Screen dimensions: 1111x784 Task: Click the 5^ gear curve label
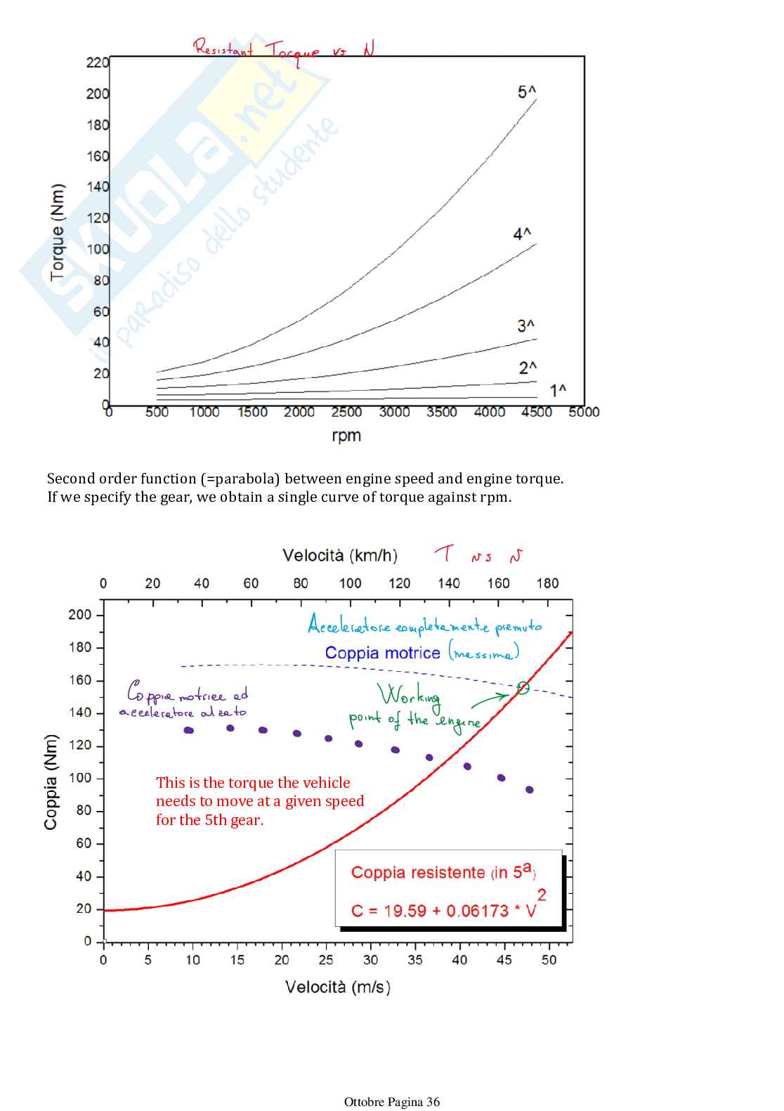coord(527,92)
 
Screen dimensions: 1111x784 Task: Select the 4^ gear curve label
coord(522,234)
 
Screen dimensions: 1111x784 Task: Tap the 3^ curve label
coord(526,326)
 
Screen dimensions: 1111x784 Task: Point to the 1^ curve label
coord(558,391)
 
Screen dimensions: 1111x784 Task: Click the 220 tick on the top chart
coord(97,63)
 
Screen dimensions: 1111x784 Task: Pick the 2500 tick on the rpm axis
coord(346,412)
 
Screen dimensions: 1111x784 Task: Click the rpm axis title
coord(346,436)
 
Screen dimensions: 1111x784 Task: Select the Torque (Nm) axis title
coord(58,232)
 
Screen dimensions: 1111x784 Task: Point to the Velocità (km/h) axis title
coord(340,556)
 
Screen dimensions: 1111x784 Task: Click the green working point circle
coord(523,688)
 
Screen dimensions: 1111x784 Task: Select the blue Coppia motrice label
coord(382,653)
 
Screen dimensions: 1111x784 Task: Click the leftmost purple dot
coord(188,730)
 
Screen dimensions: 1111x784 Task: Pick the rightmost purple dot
coord(529,790)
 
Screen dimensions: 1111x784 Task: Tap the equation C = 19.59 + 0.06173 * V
coord(444,911)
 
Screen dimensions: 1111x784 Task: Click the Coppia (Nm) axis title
coord(51,782)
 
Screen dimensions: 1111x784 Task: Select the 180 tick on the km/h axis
coord(547,583)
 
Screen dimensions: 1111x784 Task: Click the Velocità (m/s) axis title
coord(338,987)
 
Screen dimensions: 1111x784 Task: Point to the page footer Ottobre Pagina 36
coord(392,1102)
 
